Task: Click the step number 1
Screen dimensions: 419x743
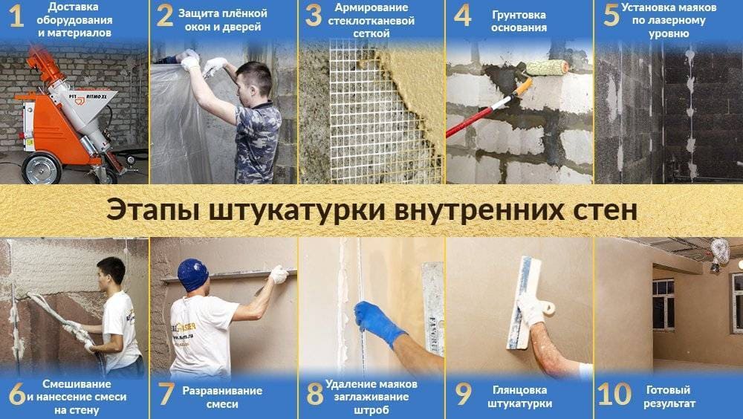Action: pos(16,18)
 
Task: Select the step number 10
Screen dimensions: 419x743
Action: pos(614,394)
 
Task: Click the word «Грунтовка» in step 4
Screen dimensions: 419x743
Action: pos(519,14)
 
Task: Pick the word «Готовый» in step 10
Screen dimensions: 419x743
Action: pos(668,389)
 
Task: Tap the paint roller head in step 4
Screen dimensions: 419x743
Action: pos(547,68)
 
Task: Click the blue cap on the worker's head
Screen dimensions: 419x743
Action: pos(192,274)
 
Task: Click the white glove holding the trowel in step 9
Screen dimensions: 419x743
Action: pos(532,308)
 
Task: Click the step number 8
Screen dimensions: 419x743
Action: pos(315,394)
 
